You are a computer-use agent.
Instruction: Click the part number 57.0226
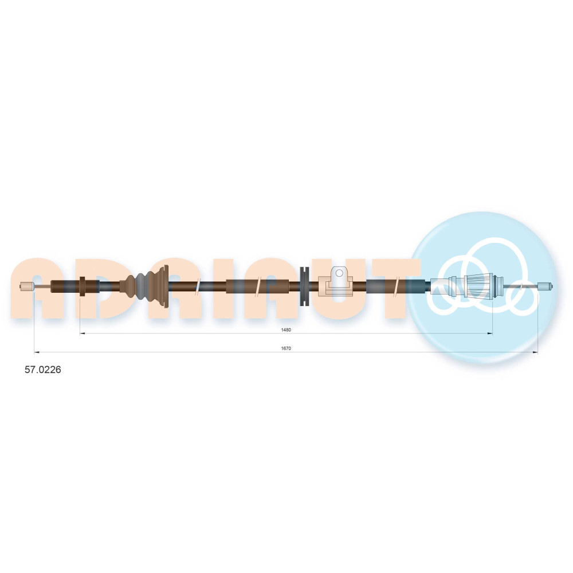pos(43,370)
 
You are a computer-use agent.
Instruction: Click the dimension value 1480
pos(286,330)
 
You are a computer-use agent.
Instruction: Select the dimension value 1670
pos(286,348)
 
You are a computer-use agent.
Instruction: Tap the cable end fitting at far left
pos(27,286)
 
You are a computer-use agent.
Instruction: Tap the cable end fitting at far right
pos(545,286)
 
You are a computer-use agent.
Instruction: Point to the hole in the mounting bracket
pos(339,273)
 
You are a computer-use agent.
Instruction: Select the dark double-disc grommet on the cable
pos(304,286)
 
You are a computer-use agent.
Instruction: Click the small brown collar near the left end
pos(82,286)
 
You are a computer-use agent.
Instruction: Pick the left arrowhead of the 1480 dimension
pos(82,333)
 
